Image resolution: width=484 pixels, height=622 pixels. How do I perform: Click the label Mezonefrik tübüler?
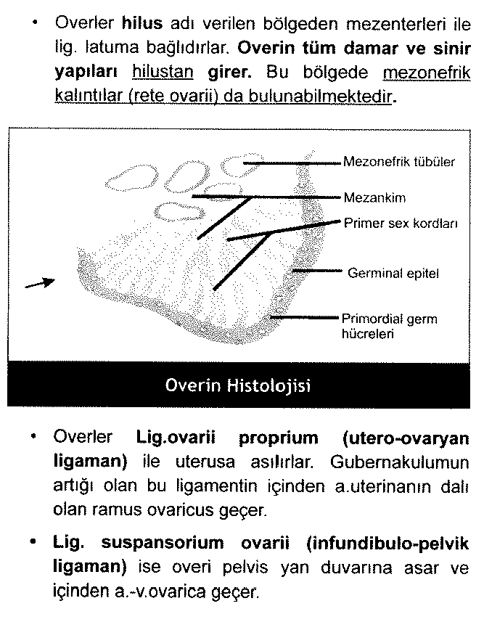(x=399, y=162)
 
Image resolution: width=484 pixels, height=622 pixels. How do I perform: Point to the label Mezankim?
(x=374, y=197)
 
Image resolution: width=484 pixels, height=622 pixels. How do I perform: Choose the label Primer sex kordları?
(x=401, y=224)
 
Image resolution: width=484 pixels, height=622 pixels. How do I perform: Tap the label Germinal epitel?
(x=393, y=274)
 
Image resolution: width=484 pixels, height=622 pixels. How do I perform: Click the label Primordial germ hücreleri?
(x=390, y=326)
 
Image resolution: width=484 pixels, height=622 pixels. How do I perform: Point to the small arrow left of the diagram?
(x=40, y=283)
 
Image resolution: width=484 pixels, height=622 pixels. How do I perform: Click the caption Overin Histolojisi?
(x=238, y=385)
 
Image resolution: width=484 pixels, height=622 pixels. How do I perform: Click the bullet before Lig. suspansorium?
(x=35, y=543)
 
